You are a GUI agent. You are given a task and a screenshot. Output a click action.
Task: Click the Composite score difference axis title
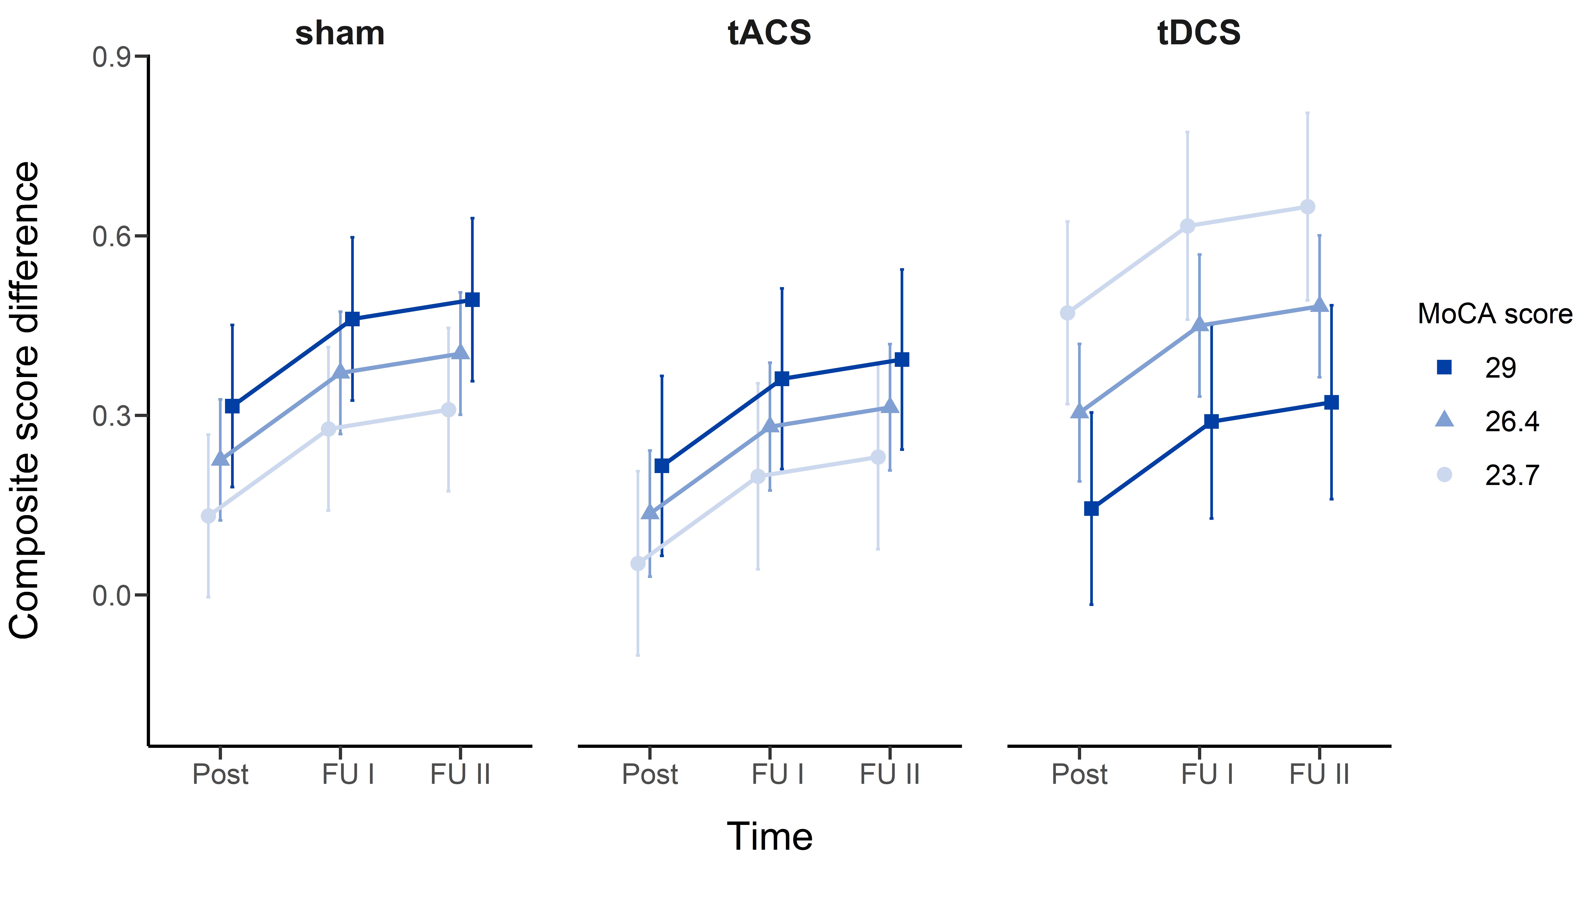25,400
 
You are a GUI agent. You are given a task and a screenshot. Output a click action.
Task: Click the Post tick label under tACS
649,774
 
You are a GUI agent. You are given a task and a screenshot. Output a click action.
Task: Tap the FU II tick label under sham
460,774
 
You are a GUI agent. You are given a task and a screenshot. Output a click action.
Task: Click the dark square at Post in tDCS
1091,509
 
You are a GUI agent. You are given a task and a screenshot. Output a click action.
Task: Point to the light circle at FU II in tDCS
1307,207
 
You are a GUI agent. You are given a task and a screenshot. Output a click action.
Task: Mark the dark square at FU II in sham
473,300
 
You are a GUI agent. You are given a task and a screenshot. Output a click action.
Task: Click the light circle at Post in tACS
638,564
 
